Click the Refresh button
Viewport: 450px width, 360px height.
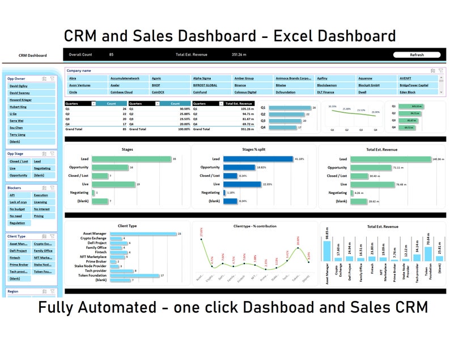(x=417, y=55)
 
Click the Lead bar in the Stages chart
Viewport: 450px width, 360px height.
(x=131, y=159)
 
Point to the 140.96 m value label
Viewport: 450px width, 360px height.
(x=437, y=159)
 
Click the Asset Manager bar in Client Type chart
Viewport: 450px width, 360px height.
(x=142, y=234)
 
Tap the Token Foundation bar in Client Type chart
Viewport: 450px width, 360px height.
(x=133, y=276)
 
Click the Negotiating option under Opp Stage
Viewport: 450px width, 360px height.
(x=42, y=168)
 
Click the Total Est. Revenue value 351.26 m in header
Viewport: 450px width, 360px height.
(x=239, y=55)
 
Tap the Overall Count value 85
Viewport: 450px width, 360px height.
(x=111, y=55)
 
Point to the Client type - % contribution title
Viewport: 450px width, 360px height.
(x=254, y=226)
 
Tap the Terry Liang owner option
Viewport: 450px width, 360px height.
(x=17, y=135)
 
